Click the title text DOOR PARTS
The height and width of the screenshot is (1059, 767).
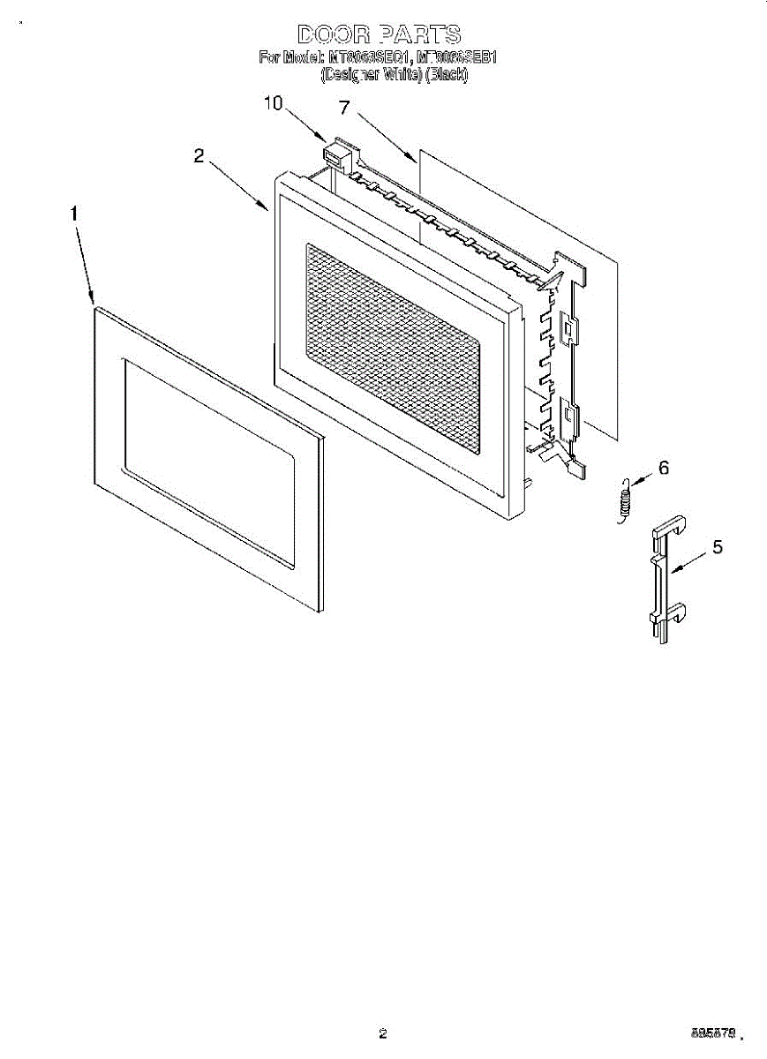(379, 34)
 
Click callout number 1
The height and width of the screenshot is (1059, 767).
(75, 214)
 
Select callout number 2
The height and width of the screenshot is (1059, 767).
(199, 156)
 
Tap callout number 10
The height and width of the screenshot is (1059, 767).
(273, 103)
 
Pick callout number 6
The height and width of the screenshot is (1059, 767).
(664, 469)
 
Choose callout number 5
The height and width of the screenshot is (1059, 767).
(717, 547)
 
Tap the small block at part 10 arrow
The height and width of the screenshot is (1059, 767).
(335, 155)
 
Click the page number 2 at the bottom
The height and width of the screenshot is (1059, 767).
(382, 1033)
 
